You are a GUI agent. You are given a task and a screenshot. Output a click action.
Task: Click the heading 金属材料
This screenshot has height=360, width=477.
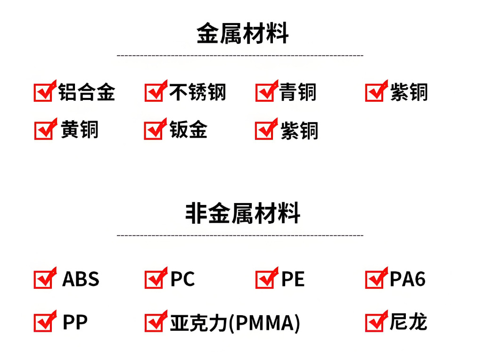242,33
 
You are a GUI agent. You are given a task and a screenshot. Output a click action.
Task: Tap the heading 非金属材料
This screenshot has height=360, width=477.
242,213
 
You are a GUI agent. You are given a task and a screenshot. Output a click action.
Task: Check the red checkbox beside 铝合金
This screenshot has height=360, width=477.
42,93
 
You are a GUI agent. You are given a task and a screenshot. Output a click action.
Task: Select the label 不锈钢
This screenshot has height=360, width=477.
197,92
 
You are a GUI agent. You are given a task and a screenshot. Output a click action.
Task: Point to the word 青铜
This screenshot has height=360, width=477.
297,92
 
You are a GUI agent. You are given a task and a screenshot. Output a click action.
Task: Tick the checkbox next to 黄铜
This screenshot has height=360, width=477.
42,131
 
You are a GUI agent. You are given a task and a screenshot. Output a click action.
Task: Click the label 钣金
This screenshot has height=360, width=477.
189,130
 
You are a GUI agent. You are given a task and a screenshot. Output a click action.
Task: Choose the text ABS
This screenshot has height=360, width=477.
81,279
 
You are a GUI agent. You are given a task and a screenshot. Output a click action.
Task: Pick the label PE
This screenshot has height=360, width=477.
293,279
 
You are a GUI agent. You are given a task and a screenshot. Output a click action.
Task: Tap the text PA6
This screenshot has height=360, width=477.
407,279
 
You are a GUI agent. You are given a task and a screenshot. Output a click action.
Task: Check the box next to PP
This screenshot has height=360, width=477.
42,323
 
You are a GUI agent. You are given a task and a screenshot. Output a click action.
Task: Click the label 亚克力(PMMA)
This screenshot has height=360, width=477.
235,323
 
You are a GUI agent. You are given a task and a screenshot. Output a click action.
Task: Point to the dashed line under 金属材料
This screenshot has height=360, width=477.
240,56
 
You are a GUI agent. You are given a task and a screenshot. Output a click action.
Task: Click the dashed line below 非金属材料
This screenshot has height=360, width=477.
240,235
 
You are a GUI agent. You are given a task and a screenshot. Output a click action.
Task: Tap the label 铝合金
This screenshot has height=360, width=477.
87,92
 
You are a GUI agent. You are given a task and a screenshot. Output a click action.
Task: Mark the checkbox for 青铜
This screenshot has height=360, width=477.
264,93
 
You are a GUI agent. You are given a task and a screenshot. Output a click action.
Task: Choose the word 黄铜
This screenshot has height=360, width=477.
80,130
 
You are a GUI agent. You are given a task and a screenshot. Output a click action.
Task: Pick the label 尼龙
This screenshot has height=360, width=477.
408,322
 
